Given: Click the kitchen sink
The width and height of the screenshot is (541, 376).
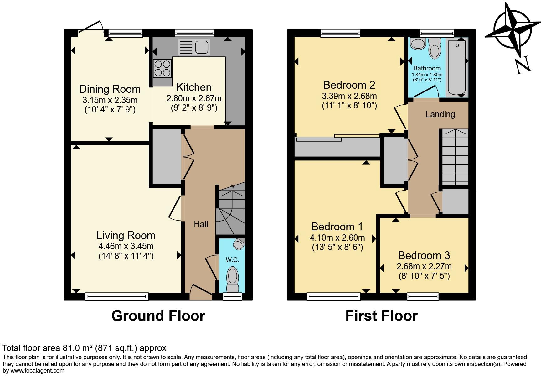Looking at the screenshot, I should pyautogui.click(x=194, y=47).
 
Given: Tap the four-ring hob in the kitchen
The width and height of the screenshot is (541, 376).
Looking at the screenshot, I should pyautogui.click(x=162, y=68).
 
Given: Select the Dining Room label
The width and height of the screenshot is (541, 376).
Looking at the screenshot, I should pyautogui.click(x=110, y=89).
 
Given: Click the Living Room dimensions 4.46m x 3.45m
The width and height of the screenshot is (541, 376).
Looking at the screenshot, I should pyautogui.click(x=126, y=246).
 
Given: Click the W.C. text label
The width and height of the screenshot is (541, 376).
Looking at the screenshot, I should pyautogui.click(x=232, y=259).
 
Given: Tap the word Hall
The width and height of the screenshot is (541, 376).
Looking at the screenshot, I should pyautogui.click(x=201, y=224).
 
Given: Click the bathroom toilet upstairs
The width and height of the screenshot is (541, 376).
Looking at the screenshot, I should pyautogui.click(x=435, y=48).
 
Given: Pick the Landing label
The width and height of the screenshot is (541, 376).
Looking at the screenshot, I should pyautogui.click(x=440, y=114).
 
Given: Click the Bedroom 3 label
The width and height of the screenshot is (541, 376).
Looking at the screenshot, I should pyautogui.click(x=424, y=255).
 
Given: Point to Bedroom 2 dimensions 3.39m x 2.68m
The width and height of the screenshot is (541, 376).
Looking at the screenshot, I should pyautogui.click(x=349, y=96).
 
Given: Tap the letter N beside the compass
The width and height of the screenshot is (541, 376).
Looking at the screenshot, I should pyautogui.click(x=524, y=65).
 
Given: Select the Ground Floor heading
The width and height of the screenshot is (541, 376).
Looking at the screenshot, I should pyautogui.click(x=158, y=316).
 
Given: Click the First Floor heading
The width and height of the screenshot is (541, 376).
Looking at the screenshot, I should pyautogui.click(x=381, y=316).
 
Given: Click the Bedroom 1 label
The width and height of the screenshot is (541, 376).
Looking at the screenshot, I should pyautogui.click(x=337, y=226).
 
